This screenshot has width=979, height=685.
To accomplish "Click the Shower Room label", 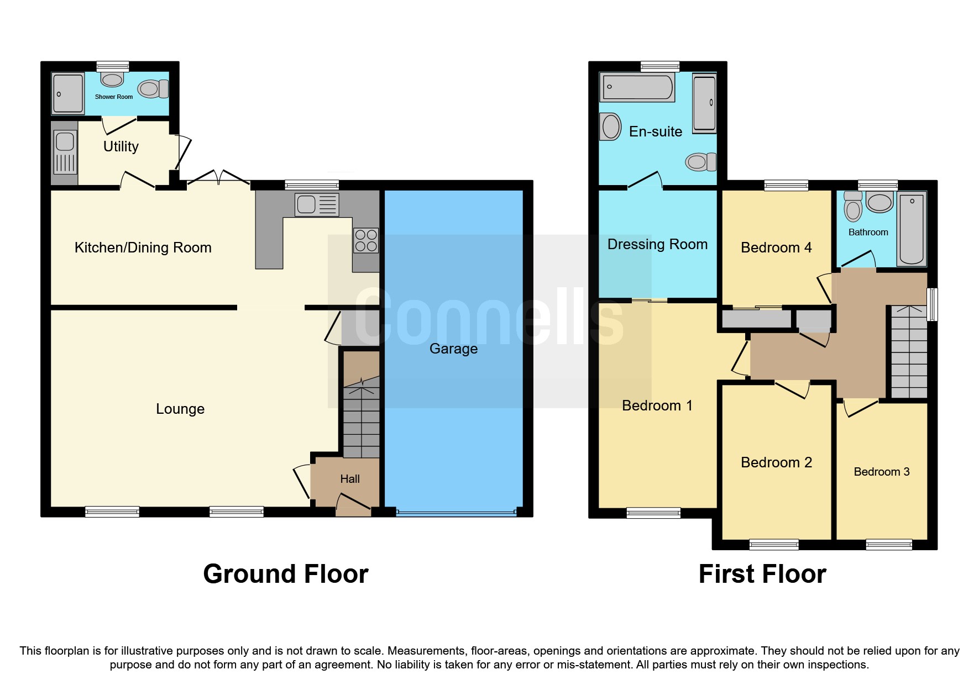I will [x=114, y=97].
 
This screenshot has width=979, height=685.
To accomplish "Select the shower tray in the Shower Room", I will [x=68, y=93].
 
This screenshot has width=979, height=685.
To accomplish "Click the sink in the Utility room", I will [x=65, y=142].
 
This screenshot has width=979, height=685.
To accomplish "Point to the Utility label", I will [x=121, y=146].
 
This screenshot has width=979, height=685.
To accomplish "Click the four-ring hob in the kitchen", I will [x=366, y=240].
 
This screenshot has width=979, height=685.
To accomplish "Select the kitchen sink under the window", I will [x=317, y=204].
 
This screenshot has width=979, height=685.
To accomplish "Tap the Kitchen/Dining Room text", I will [x=143, y=247].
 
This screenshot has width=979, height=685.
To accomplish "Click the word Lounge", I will [x=180, y=409].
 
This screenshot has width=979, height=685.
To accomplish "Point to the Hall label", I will [x=349, y=479].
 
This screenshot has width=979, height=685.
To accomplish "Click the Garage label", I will [x=453, y=349].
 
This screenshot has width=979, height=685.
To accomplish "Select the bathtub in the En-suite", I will [x=637, y=87].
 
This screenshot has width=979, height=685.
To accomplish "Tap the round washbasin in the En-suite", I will [x=611, y=127].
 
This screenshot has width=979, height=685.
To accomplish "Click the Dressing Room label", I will [x=657, y=244].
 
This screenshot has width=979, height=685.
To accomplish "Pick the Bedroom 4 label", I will [x=776, y=247].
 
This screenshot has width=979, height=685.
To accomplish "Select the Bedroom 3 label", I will [x=881, y=472].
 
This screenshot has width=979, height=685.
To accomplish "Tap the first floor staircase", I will [x=909, y=354].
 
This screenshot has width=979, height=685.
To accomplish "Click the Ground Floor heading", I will [x=285, y=574].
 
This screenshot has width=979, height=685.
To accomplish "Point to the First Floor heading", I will [x=762, y=574].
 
